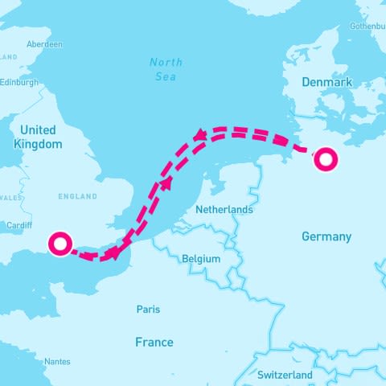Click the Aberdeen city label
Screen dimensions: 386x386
(x=44, y=44)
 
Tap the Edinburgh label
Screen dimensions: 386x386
(x=19, y=82)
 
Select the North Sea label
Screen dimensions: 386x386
(x=166, y=69)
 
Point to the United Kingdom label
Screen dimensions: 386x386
(x=38, y=137)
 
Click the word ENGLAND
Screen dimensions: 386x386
(x=78, y=196)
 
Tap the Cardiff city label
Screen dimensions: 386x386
(x=19, y=225)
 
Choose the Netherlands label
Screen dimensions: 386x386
(x=224, y=210)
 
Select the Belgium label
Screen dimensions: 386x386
(x=201, y=259)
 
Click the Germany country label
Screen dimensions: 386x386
(x=326, y=236)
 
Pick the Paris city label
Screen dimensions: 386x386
(x=148, y=309)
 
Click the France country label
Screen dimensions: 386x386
(x=154, y=343)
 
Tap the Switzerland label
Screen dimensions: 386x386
(x=285, y=375)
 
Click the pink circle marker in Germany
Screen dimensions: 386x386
(x=326, y=158)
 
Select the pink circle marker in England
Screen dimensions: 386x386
(x=60, y=243)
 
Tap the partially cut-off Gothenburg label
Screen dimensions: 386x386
(x=369, y=26)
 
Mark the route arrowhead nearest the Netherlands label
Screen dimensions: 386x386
(x=167, y=183)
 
